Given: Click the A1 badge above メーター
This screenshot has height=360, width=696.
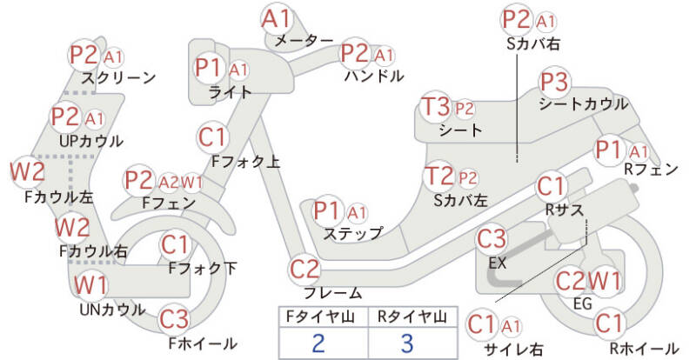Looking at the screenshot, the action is (x=276, y=19).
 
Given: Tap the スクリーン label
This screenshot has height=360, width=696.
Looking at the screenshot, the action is (x=118, y=77).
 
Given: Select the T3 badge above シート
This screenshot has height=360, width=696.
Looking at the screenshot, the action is (x=437, y=108).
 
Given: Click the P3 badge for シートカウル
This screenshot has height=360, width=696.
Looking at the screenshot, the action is (x=555, y=82).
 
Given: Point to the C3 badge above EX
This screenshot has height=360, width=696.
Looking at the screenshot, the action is (x=492, y=240).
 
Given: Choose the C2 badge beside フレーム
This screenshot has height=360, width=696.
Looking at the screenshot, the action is (x=304, y=270).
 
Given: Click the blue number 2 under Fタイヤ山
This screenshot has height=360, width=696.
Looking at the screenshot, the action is (x=318, y=343).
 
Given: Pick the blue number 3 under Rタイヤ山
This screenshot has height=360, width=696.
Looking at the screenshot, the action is (x=407, y=343).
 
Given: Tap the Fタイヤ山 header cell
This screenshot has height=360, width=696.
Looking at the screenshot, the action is (x=323, y=317).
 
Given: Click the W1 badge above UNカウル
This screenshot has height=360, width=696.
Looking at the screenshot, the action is (x=90, y=285).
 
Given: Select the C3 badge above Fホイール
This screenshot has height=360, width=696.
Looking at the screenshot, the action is (x=175, y=319).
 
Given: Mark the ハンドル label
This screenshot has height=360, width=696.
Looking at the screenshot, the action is (x=374, y=77).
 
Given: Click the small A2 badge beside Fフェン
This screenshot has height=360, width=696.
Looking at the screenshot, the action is (x=169, y=182).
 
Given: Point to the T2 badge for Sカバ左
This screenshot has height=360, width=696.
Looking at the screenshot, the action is (x=438, y=177).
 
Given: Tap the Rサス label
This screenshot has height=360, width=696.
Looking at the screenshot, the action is (x=564, y=210).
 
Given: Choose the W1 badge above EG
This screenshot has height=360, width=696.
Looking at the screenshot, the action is (x=605, y=281).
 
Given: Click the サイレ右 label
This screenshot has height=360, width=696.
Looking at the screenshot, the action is (x=514, y=349).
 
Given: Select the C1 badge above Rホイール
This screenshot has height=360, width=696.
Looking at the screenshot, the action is (x=609, y=323).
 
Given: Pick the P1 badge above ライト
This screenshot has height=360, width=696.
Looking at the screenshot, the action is (x=209, y=69).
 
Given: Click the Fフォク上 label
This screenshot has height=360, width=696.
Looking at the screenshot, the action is (x=246, y=162).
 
